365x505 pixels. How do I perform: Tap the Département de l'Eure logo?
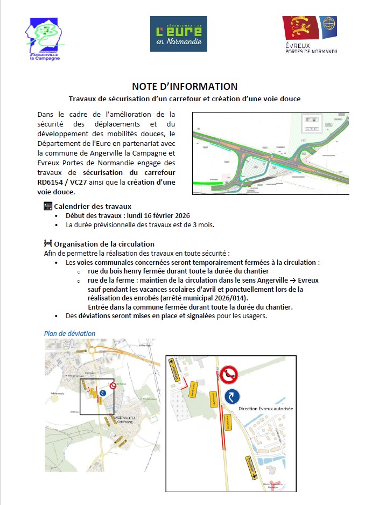tap(178, 34)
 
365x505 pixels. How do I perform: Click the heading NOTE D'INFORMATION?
tap(185, 86)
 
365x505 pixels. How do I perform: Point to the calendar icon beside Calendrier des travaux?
tap(47, 206)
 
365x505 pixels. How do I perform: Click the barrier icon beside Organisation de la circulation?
tap(47, 244)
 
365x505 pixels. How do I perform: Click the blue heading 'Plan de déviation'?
tap(69, 333)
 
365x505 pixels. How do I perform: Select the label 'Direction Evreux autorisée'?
tap(266, 409)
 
